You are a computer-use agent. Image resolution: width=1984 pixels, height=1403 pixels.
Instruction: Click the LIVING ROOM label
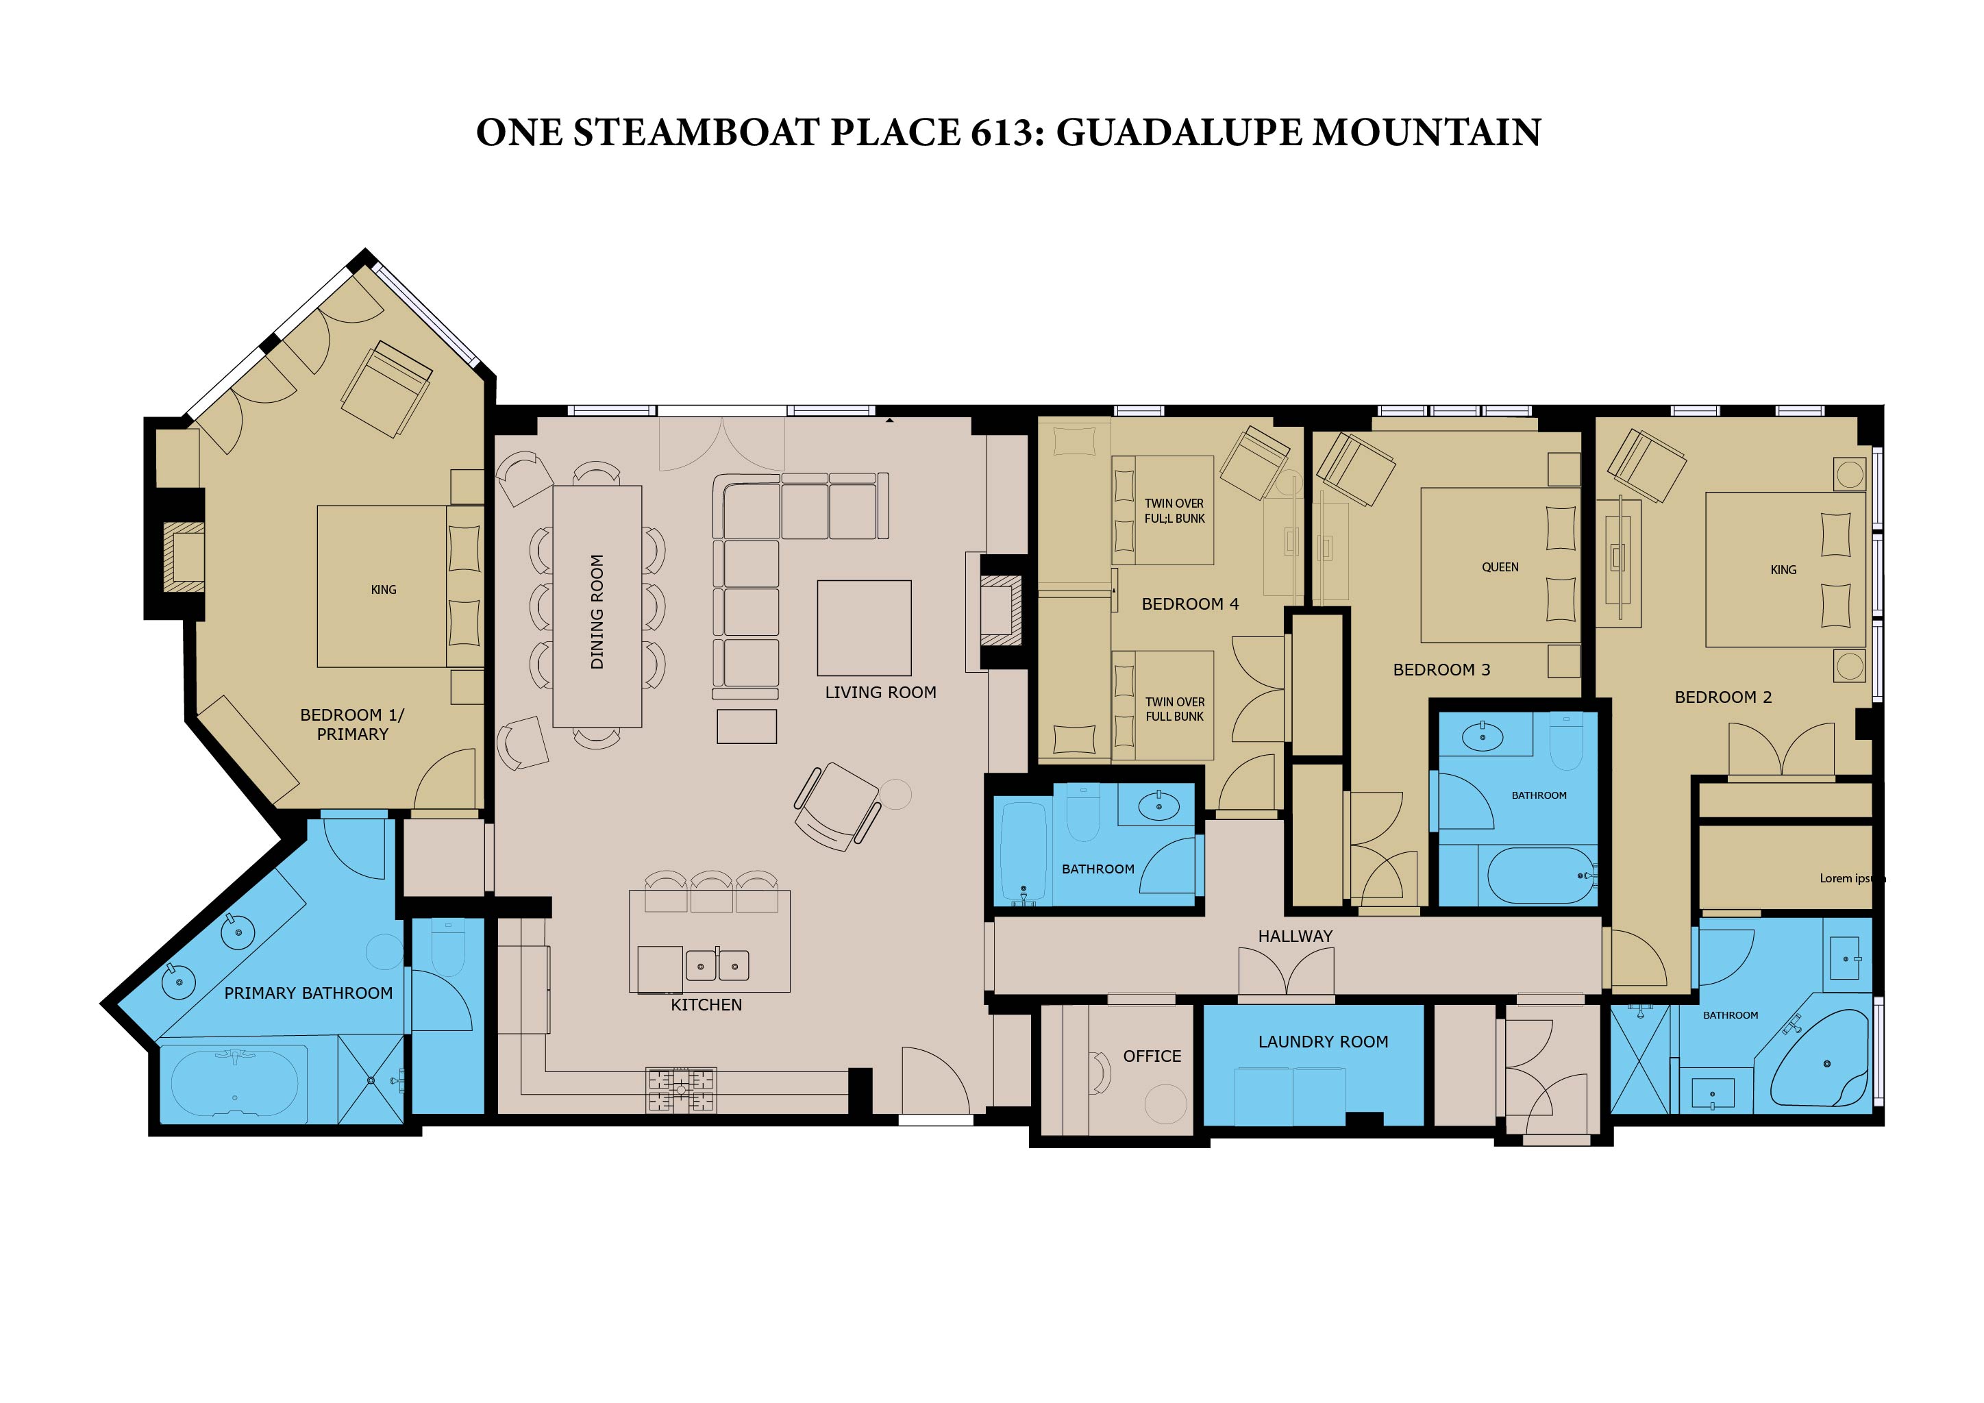[880, 692]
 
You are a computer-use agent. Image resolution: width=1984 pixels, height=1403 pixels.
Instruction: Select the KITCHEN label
[706, 1005]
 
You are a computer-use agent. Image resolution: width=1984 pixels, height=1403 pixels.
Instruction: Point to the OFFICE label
[1152, 1056]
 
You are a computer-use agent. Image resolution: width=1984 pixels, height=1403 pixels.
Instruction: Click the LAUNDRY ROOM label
[1323, 1042]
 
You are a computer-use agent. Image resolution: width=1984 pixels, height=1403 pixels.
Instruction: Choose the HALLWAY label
[1295, 936]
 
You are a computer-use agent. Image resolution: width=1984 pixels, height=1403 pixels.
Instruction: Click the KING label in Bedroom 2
[1783, 569]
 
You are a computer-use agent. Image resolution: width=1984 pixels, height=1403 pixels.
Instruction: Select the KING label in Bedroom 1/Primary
[384, 589]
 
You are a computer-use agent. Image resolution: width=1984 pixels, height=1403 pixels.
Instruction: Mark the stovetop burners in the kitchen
[681, 1090]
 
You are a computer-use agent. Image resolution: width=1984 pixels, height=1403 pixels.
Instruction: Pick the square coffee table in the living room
[864, 628]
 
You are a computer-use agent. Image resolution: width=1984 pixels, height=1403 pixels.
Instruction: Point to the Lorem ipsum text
[1852, 879]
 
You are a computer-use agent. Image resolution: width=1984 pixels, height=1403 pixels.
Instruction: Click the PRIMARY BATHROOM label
[308, 993]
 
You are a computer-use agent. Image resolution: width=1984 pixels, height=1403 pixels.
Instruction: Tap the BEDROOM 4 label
[1190, 604]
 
